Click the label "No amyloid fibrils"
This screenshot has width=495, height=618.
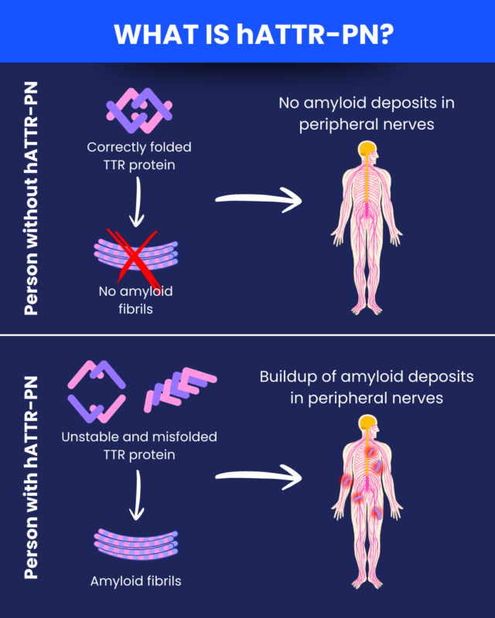[x=136, y=300]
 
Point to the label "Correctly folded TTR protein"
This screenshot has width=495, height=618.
[x=139, y=154]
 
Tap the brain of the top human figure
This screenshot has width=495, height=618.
[x=367, y=149]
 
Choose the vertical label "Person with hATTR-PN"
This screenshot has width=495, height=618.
[x=32, y=477]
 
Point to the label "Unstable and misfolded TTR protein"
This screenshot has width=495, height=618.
[x=139, y=445]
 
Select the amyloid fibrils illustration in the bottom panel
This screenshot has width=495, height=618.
[x=136, y=544]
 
